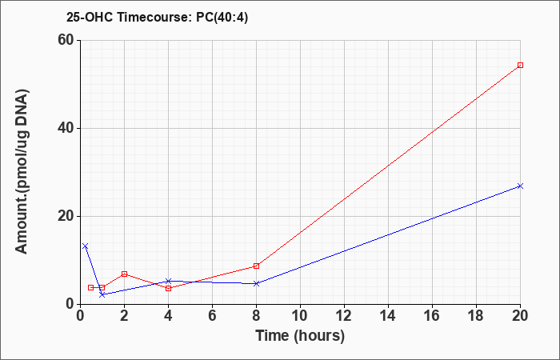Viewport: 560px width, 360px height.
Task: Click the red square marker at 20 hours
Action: click(x=520, y=65)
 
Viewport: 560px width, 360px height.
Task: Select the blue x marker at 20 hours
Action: click(x=520, y=186)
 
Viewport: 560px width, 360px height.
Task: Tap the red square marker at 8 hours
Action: click(x=256, y=266)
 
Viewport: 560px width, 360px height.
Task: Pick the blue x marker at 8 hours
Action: click(x=256, y=283)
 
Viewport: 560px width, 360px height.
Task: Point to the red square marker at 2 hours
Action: click(x=124, y=274)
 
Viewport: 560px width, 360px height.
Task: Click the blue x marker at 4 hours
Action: click(x=168, y=281)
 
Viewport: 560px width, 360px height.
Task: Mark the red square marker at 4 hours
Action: click(x=168, y=288)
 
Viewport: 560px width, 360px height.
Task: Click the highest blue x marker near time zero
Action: click(x=86, y=246)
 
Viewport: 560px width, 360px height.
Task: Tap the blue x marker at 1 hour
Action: click(x=102, y=294)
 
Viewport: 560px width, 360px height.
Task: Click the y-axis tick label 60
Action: click(x=65, y=40)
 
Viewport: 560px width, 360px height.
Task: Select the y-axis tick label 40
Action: click(x=65, y=128)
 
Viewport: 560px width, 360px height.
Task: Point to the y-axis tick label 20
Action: click(x=65, y=216)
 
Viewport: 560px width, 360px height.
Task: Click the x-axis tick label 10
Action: click(x=300, y=316)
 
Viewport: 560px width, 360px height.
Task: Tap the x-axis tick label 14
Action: click(x=388, y=316)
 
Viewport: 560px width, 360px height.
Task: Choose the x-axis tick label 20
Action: click(x=520, y=316)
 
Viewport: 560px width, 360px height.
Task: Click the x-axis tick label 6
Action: click(x=212, y=316)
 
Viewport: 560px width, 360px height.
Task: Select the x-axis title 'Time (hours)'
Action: click(x=300, y=335)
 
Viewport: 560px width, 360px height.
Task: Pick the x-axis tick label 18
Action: click(x=476, y=316)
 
